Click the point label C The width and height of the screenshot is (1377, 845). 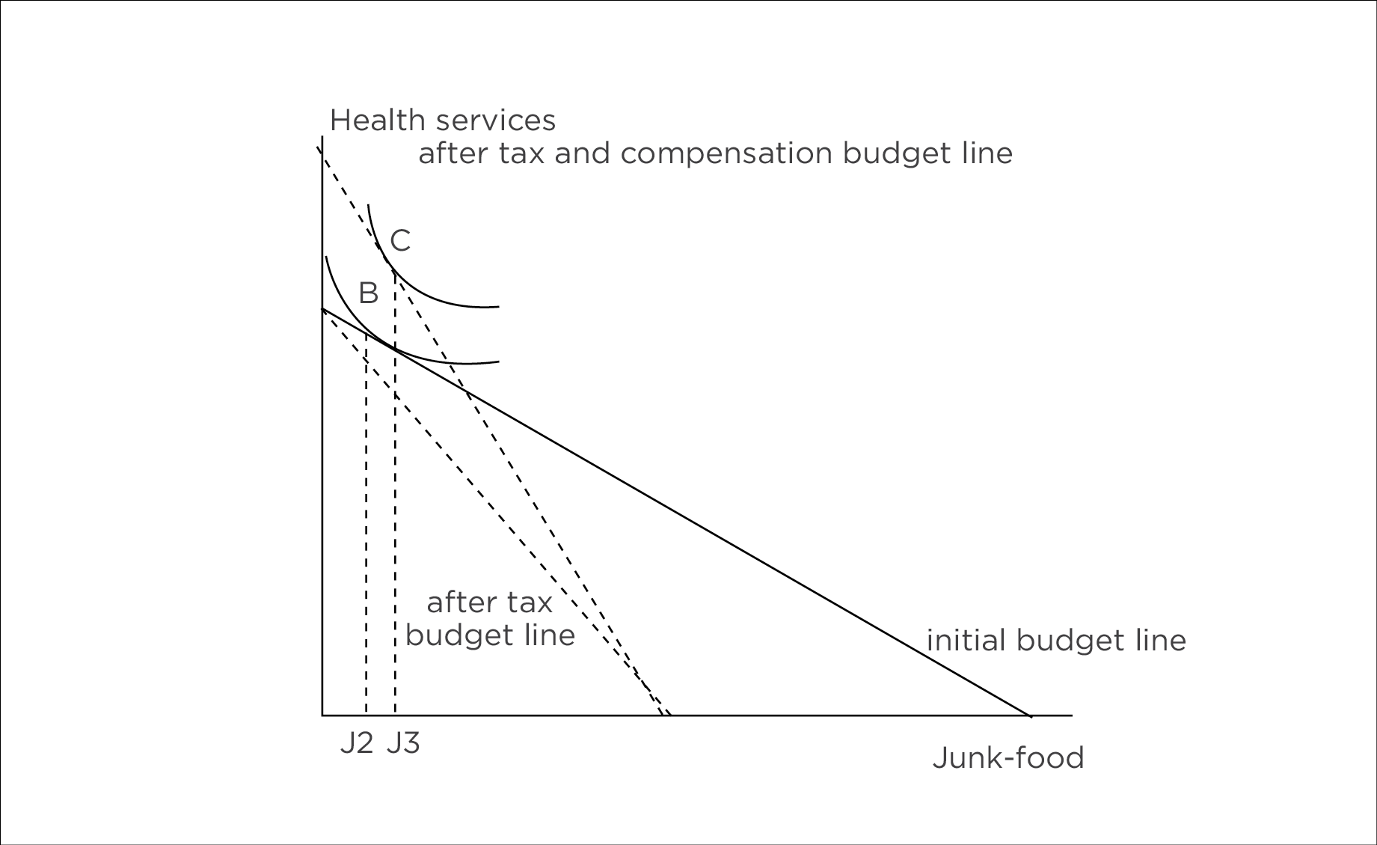(x=400, y=241)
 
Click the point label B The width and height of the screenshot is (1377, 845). (x=368, y=293)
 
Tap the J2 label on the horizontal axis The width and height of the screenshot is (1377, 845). (x=356, y=742)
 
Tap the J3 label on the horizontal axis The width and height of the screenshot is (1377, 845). (x=403, y=742)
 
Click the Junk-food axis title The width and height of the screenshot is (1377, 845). (x=1008, y=758)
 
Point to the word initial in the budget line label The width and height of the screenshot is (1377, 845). (x=966, y=641)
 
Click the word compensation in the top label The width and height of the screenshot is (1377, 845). (x=726, y=153)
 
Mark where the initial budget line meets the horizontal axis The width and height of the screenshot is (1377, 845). (x=1031, y=716)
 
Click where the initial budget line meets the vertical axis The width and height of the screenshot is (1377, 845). (x=322, y=308)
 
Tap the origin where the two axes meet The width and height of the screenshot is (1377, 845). (x=322, y=716)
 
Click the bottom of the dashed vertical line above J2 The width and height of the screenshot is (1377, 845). (x=366, y=714)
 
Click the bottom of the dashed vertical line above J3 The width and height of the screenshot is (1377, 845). (x=395, y=714)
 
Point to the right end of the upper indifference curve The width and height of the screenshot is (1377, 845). (x=498, y=306)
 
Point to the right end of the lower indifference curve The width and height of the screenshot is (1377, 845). (x=498, y=362)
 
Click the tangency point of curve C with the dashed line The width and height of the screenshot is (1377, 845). (x=388, y=262)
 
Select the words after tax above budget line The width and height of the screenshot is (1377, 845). (x=489, y=603)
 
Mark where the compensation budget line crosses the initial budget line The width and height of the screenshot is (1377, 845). (x=465, y=390)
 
